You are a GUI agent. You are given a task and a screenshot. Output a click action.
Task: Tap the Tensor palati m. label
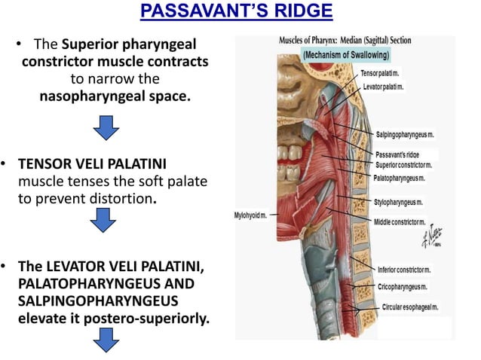(380, 72)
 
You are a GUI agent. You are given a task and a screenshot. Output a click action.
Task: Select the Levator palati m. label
(383, 87)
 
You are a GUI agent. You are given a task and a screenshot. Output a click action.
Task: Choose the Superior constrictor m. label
(404, 165)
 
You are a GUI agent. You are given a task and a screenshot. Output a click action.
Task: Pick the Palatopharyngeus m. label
(399, 178)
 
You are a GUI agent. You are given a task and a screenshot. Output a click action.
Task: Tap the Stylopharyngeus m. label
(398, 203)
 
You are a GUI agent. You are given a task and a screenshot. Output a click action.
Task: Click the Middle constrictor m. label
(400, 222)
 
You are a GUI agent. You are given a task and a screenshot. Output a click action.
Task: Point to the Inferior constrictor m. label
(404, 269)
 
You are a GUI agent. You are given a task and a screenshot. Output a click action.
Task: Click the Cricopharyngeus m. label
(403, 286)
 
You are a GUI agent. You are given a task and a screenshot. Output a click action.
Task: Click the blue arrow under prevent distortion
(103, 219)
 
